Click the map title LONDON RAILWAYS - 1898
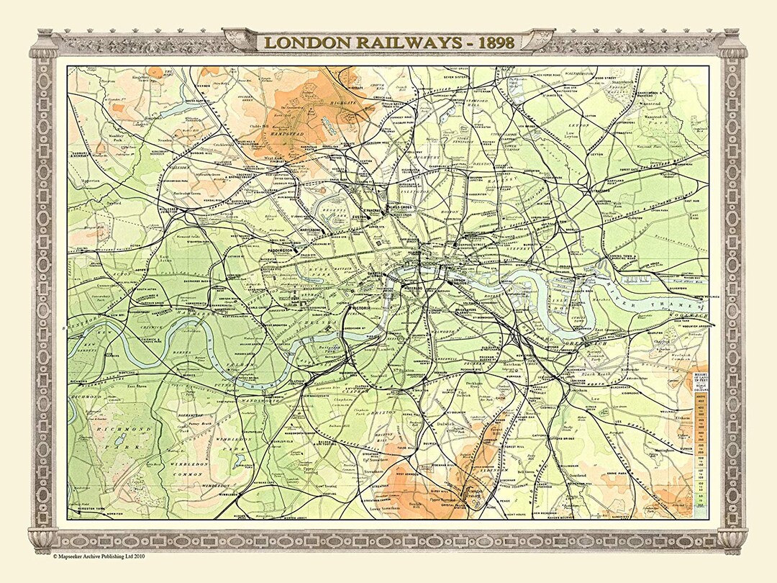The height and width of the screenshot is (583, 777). [388, 42]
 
